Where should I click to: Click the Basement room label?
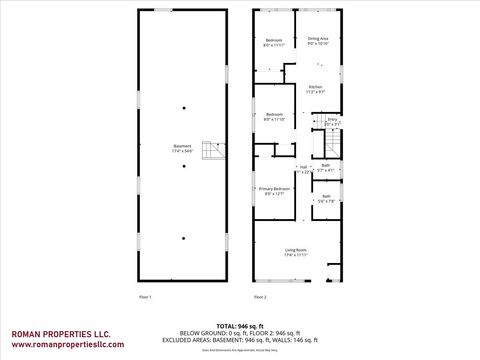(182, 149)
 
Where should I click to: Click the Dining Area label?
(318, 40)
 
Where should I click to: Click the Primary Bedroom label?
(275, 191)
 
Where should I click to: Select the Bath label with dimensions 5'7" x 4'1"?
(326, 168)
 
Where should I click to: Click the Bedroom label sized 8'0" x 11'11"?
(273, 43)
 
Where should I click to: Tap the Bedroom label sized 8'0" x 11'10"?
(275, 117)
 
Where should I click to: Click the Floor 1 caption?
(144, 297)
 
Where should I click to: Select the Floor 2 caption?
(260, 297)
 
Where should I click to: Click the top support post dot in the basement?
(183, 106)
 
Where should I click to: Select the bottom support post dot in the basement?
(183, 237)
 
